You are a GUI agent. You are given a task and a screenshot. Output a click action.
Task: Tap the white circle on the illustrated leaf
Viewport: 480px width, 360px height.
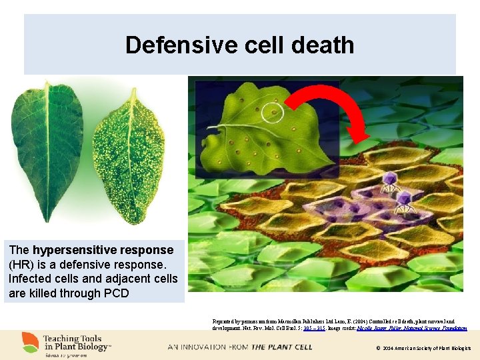point(272,112)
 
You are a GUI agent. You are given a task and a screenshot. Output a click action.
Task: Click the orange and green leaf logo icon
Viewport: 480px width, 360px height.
point(30,343)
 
